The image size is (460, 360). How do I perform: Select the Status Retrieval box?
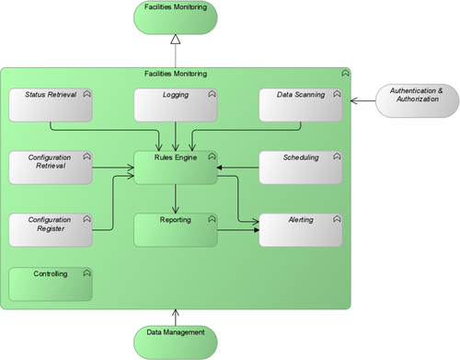(x=51, y=105)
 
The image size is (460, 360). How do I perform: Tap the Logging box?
(x=175, y=105)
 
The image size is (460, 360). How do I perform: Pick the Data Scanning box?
(x=299, y=105)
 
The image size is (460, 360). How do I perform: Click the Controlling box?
(x=51, y=284)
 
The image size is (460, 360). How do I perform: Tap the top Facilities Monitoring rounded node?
(x=175, y=17)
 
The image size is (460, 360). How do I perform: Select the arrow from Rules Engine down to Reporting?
(x=175, y=198)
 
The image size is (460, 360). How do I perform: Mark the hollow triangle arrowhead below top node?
(x=175, y=41)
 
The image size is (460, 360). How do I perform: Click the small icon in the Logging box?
(x=212, y=94)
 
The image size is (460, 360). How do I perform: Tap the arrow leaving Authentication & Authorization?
(x=363, y=97)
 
